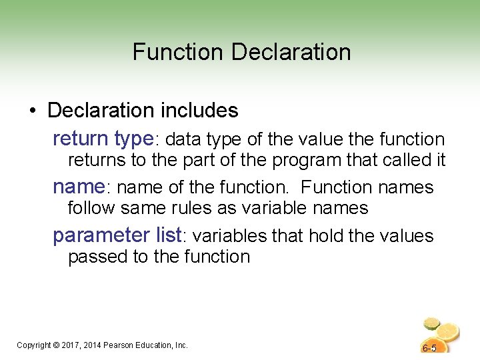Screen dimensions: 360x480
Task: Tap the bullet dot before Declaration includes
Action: point(33,109)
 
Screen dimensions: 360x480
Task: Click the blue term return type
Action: point(103,139)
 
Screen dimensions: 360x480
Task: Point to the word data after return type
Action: point(183,139)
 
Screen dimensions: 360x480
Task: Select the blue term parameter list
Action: point(117,235)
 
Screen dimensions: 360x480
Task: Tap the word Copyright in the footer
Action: point(34,345)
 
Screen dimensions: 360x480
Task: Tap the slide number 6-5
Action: point(429,348)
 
